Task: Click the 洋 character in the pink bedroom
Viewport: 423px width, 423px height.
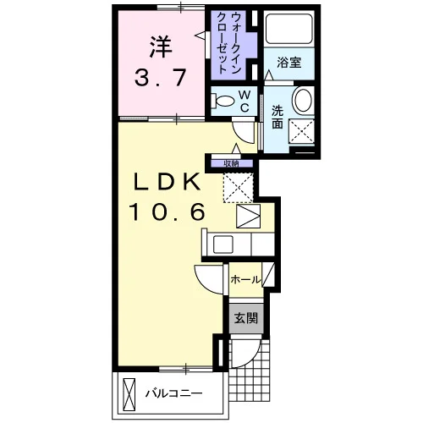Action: point(161,47)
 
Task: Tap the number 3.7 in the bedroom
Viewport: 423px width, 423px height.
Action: point(161,78)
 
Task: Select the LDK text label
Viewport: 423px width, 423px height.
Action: point(168,181)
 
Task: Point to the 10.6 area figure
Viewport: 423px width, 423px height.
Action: point(167,212)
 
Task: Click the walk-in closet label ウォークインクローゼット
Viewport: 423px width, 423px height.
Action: point(228,44)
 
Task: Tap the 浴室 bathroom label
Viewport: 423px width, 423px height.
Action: point(289,63)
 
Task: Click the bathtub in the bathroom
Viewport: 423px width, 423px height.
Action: point(289,29)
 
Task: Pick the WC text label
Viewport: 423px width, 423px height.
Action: point(244,101)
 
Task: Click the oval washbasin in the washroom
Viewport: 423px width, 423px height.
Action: point(304,100)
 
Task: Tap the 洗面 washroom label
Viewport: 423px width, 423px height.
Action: point(277,118)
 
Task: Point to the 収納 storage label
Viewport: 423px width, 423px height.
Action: point(231,163)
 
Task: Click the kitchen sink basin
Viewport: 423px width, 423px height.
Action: point(223,244)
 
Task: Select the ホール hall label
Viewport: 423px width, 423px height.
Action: point(245,280)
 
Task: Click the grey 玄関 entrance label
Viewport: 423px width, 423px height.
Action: point(246,318)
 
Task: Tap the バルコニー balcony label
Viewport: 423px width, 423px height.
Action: point(174,393)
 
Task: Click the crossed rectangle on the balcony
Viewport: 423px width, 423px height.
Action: point(129,395)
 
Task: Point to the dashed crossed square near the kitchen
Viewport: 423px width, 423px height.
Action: point(239,187)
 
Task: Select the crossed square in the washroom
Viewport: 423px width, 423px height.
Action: point(302,131)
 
